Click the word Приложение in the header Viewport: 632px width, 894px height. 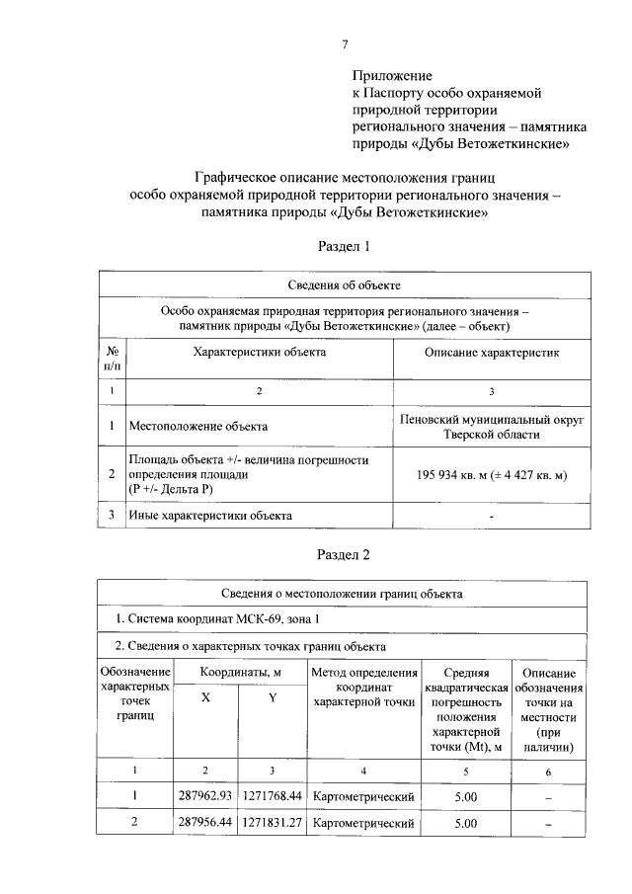393,74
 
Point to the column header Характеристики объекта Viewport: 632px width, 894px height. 259,352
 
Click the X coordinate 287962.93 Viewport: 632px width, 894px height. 204,795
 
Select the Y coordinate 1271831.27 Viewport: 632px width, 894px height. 272,822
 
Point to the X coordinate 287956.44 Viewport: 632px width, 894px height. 204,822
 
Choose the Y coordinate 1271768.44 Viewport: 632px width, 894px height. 272,795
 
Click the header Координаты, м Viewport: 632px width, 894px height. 238,672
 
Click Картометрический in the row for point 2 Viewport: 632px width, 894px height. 362,822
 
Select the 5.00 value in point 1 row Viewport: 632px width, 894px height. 465,795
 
